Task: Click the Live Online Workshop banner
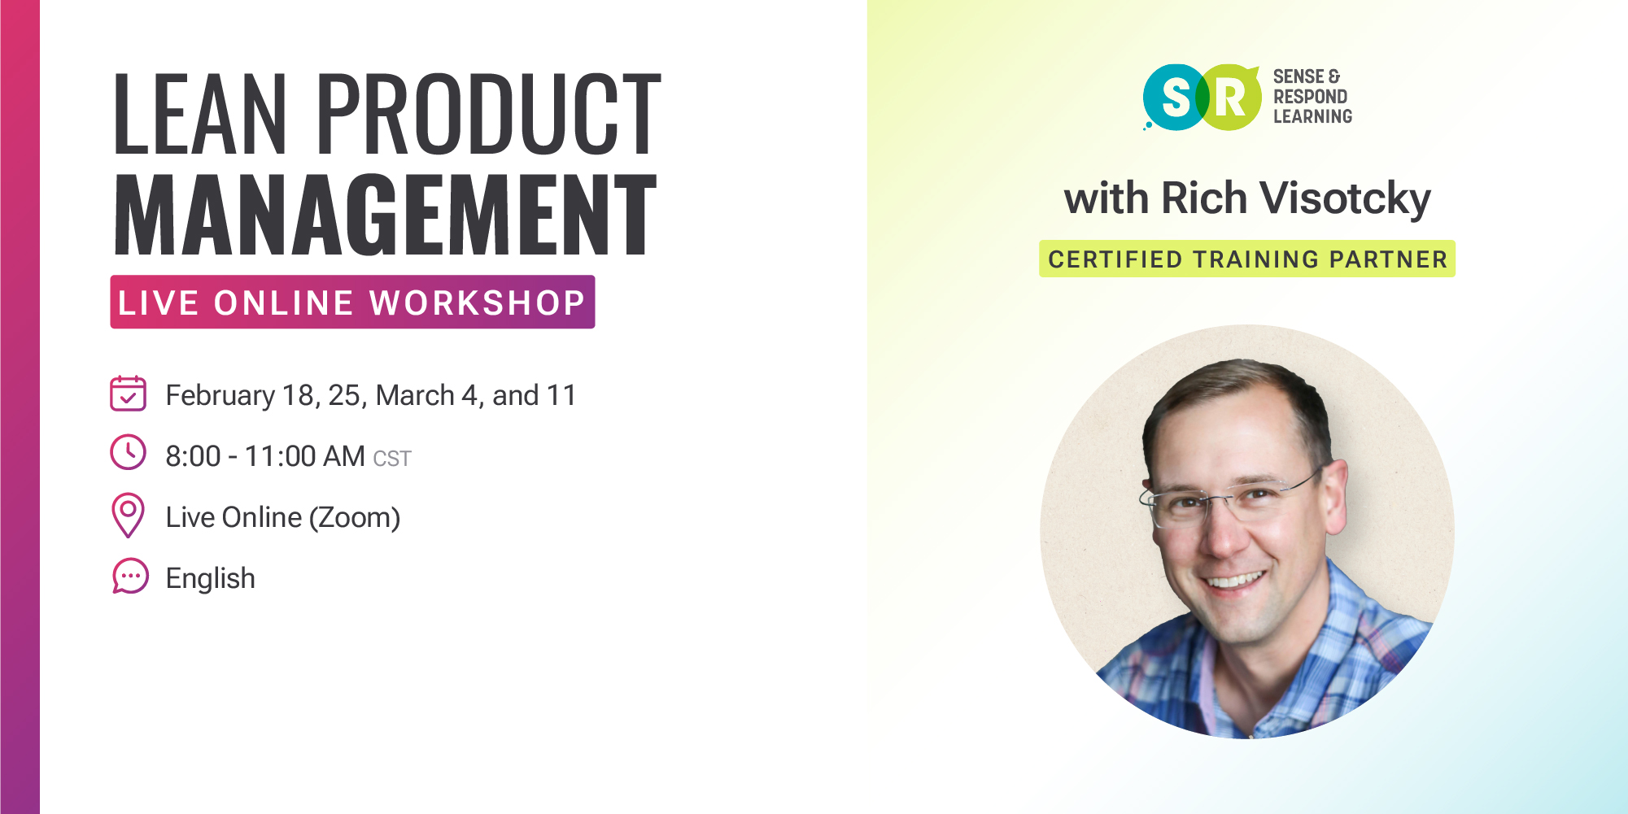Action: point(352,303)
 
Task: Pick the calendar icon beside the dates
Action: point(128,394)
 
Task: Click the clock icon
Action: point(128,453)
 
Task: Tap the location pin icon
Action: point(128,515)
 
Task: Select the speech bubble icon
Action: point(130,577)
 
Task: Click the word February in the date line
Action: point(220,396)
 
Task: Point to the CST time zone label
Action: point(392,459)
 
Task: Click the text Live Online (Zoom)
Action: point(283,518)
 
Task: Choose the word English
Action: point(211,578)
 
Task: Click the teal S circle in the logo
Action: point(1174,98)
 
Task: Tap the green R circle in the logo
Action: point(1229,98)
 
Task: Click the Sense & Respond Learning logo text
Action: point(1312,97)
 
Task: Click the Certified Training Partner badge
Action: point(1247,259)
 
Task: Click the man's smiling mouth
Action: point(1236,581)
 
